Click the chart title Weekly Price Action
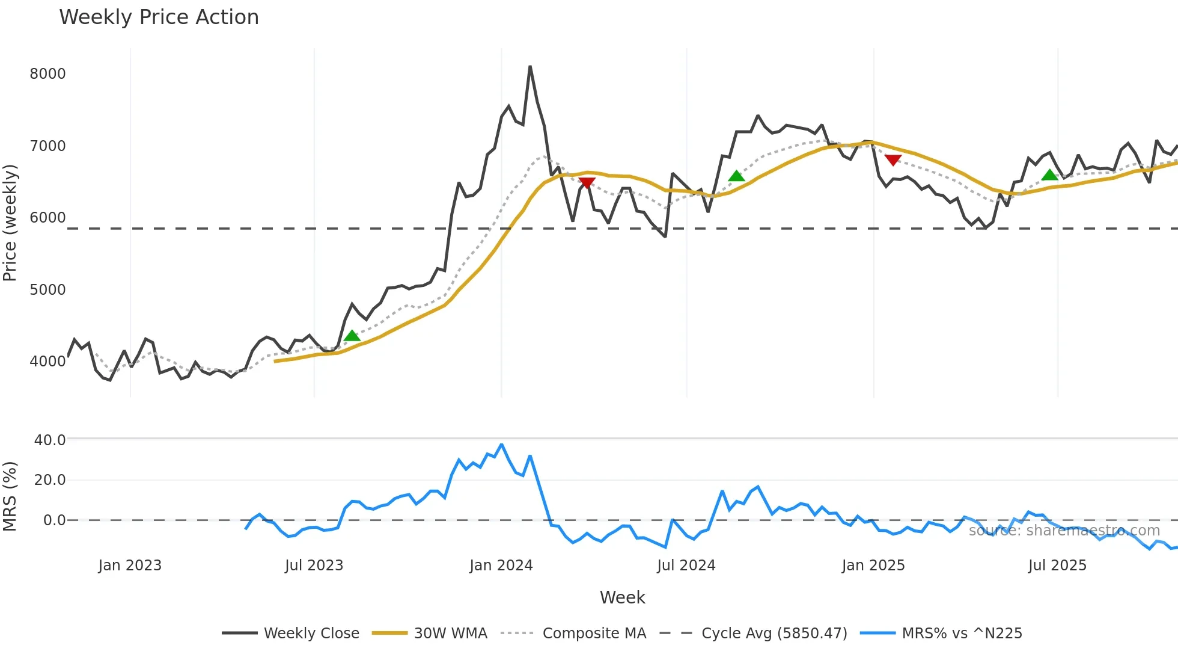click(159, 17)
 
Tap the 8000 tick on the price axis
click(47, 74)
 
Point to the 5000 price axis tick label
click(47, 290)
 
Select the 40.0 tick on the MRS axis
click(50, 440)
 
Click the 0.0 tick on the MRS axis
click(54, 520)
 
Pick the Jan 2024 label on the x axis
click(501, 566)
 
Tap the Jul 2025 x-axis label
click(1057, 566)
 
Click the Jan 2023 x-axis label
click(130, 566)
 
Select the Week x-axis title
click(622, 597)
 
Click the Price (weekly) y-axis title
click(10, 223)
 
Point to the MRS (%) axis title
click(10, 496)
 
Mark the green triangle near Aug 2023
click(352, 335)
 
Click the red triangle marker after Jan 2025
click(893, 160)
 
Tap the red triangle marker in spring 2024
click(587, 183)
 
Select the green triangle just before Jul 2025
click(1049, 175)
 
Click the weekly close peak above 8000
click(529, 66)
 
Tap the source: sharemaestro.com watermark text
click(1064, 531)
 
